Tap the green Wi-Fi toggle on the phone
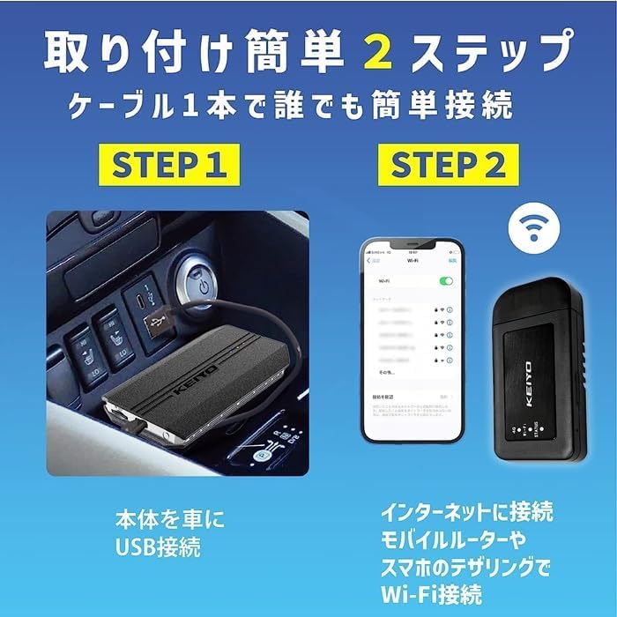447,281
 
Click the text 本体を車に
170,517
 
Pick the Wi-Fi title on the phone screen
412,261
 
